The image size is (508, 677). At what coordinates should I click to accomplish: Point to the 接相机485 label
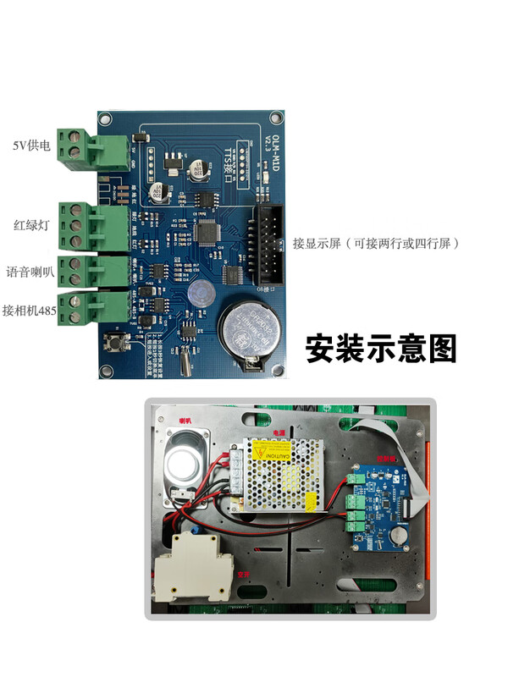pyautogui.click(x=30, y=311)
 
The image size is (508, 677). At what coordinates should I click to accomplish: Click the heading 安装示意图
pyautogui.click(x=380, y=348)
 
